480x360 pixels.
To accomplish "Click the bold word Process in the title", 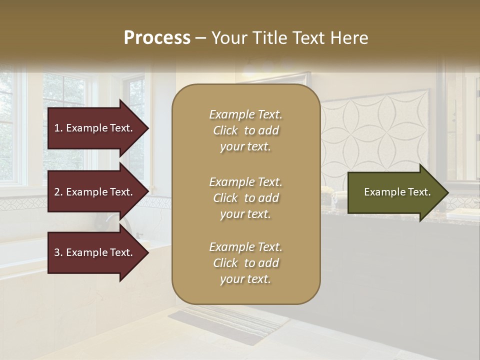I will [157, 38].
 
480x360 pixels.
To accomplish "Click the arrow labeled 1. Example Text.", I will [95, 128].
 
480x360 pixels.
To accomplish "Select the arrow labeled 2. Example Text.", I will [95, 192].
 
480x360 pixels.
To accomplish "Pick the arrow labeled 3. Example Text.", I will [95, 252].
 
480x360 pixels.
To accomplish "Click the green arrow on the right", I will [395, 192].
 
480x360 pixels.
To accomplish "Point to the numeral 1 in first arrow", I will [57, 128].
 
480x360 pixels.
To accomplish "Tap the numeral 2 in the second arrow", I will [57, 192].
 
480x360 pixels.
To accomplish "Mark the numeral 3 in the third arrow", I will [57, 252].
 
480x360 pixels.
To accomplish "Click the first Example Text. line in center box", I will [245, 114].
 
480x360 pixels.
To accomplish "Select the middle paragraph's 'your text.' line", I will [245, 214].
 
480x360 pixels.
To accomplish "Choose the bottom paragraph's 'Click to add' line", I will [245, 263].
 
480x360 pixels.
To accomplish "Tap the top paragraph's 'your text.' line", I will [245, 147].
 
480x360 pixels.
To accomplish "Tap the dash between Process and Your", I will [200, 38].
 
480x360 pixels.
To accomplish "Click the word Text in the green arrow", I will [419, 192].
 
